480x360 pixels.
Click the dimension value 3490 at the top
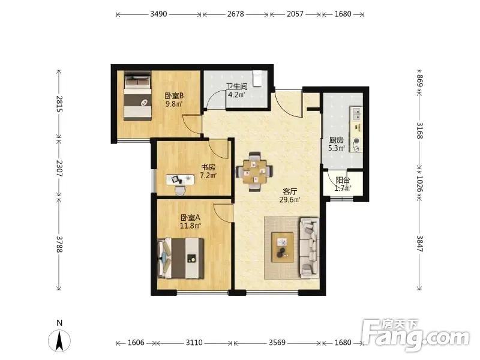pos(158,14)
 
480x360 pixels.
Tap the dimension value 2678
pos(235,14)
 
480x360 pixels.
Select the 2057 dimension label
pos(295,14)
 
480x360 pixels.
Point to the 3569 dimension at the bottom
pos(277,342)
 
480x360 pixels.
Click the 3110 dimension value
pos(194,342)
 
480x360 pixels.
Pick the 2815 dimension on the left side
pos(59,104)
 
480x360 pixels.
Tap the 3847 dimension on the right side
pos(419,244)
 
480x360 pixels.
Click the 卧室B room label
pos(174,95)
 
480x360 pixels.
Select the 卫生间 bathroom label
pos(236,86)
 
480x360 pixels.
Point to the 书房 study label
pos(208,167)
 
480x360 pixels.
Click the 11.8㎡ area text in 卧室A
pos(190,226)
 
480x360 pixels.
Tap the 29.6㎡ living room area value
pos(290,200)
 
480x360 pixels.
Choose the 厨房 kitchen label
pos(337,140)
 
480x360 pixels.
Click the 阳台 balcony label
pos(343,180)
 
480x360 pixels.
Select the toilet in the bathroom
pos(257,79)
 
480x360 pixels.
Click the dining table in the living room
pos(254,172)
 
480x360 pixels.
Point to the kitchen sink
pos(356,113)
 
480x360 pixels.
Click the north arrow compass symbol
pos(59,340)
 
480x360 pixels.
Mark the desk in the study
pos(181,179)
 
